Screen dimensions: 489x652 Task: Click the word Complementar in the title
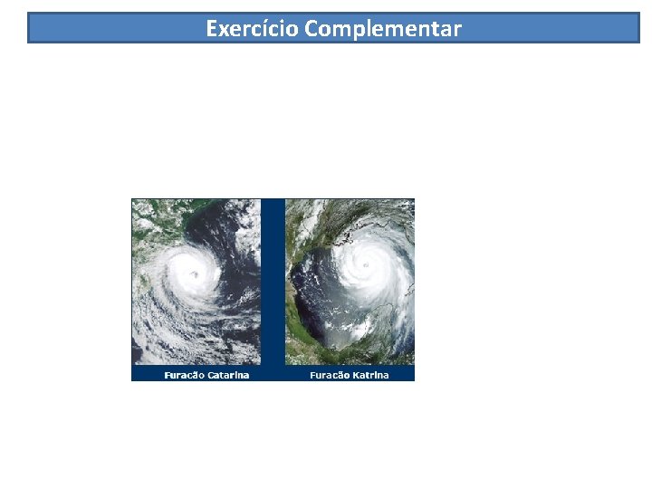[383, 29]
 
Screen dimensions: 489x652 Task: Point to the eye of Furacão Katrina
[365, 265]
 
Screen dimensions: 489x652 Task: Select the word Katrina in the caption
[371, 375]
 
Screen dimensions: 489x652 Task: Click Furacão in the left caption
[185, 375]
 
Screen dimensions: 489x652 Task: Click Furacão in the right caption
[331, 375]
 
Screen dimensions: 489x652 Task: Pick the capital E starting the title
[212, 28]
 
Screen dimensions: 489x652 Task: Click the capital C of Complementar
[312, 28]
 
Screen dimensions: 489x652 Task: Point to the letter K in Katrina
[357, 375]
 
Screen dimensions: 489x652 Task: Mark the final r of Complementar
[457, 29]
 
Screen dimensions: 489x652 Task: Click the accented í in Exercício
[273, 28]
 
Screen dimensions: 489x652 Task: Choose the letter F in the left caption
[167, 375]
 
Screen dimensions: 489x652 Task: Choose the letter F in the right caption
[312, 375]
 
